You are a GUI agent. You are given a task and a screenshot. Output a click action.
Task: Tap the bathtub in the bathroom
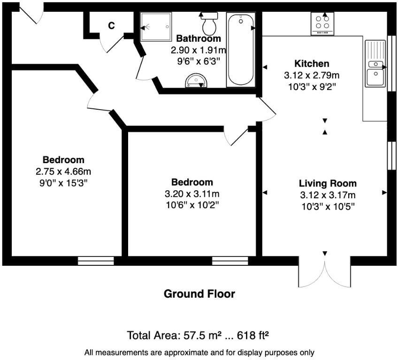240,50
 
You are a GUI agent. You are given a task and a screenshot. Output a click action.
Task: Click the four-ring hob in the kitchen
322,23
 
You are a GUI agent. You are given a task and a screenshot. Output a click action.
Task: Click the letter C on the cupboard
111,26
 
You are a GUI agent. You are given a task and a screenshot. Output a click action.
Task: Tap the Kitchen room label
312,63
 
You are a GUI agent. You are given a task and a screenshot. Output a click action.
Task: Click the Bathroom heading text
198,38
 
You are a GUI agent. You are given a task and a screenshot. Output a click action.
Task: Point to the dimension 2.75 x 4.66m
63,171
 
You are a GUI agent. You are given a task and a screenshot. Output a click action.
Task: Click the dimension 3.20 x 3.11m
192,194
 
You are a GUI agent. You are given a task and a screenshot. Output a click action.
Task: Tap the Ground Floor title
199,294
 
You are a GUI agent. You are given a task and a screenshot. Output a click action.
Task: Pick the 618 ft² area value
253,336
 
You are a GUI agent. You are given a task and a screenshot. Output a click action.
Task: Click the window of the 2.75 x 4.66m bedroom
96,261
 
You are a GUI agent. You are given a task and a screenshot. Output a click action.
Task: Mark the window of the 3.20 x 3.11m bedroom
230,261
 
